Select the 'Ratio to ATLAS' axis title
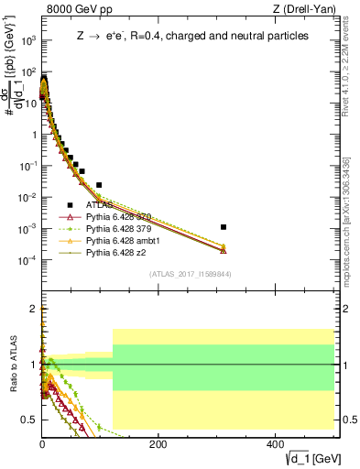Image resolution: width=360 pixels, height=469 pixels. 12,365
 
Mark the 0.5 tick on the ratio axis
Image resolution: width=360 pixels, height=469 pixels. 31,420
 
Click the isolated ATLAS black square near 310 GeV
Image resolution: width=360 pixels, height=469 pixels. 224,226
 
